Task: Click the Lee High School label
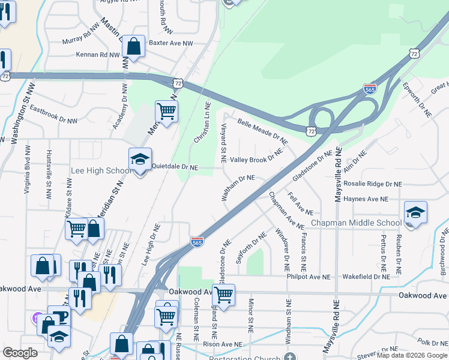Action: point(101,171)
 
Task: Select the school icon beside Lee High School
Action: point(140,160)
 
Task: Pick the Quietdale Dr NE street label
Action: point(175,169)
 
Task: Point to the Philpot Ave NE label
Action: point(310,277)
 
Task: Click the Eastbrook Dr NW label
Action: point(54,115)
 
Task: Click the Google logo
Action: point(20,353)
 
